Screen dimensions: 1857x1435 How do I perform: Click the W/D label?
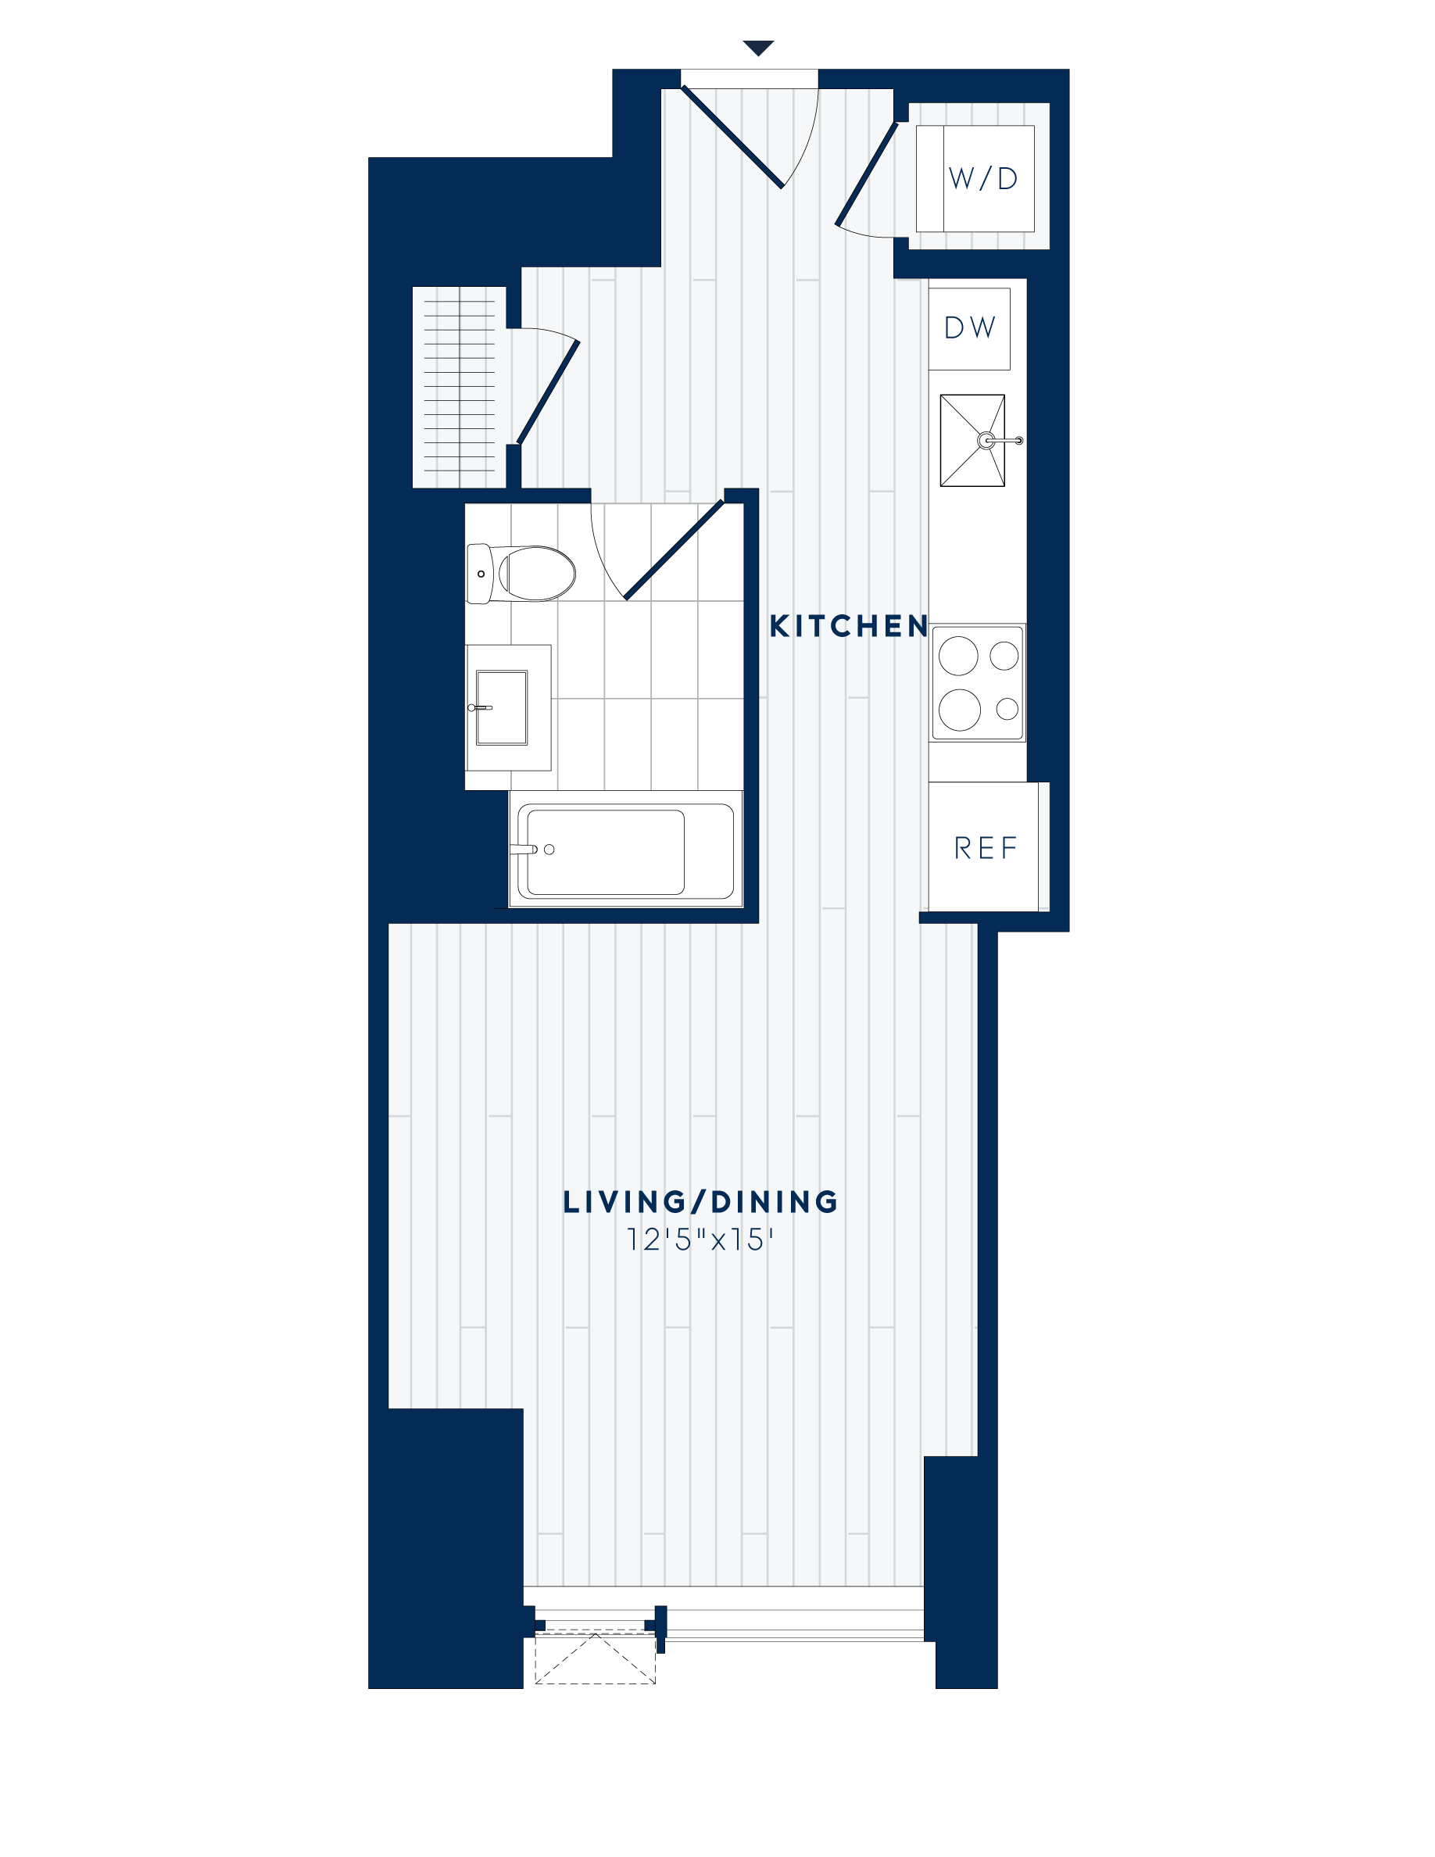[982, 178]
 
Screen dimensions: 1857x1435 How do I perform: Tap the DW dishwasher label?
[969, 328]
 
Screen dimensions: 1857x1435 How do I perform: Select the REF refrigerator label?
[986, 848]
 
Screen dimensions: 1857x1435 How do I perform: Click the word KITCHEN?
[849, 627]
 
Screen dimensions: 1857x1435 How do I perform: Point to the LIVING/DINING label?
[700, 1202]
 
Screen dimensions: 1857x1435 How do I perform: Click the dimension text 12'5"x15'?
[700, 1240]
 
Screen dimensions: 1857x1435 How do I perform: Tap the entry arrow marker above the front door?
[757, 48]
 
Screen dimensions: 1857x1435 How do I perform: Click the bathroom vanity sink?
[502, 707]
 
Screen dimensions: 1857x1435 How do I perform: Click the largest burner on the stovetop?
[959, 709]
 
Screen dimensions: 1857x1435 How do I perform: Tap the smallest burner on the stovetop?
[1007, 708]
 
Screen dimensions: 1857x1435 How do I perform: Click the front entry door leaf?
[732, 137]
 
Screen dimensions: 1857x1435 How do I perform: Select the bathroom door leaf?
[673, 550]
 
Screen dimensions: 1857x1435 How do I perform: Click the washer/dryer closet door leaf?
[866, 175]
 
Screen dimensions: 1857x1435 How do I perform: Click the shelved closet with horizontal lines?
[459, 388]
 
